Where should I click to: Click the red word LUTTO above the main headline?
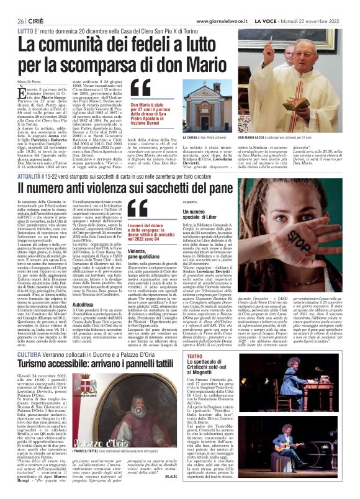coord(25,30)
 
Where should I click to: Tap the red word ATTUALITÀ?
coord(30,161)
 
